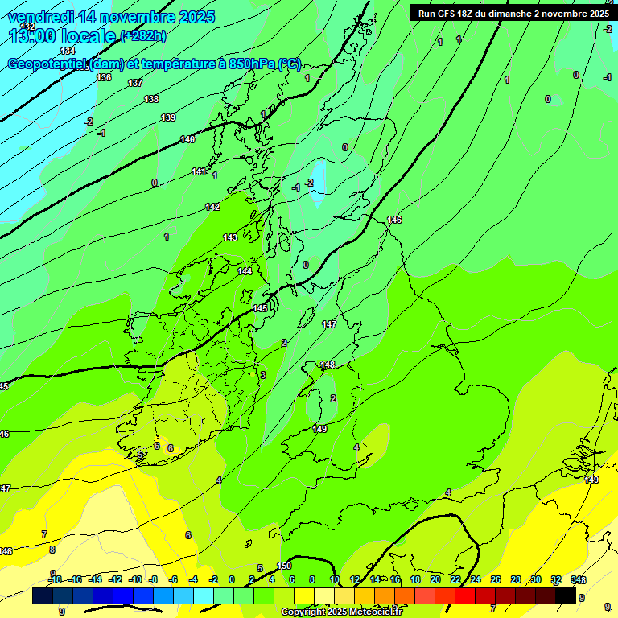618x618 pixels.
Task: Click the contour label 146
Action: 394,220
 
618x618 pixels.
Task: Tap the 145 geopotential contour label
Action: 260,308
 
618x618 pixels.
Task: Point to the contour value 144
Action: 245,271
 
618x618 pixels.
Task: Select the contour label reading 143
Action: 230,237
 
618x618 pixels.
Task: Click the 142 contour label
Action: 212,207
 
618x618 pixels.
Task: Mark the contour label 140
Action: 187,139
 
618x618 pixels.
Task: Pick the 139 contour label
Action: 168,117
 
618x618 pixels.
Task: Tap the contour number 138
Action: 151,99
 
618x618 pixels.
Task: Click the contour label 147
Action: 329,324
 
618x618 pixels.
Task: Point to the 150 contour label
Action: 284,566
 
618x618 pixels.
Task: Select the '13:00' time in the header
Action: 29,36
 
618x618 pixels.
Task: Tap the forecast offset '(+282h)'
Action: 144,36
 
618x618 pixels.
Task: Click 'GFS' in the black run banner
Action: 444,14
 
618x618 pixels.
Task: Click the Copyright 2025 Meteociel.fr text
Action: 341,612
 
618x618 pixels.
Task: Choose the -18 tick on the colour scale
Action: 55,579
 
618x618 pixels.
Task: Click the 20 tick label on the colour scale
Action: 435,579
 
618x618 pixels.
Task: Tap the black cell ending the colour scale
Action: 566,595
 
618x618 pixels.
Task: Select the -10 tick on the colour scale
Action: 135,579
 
